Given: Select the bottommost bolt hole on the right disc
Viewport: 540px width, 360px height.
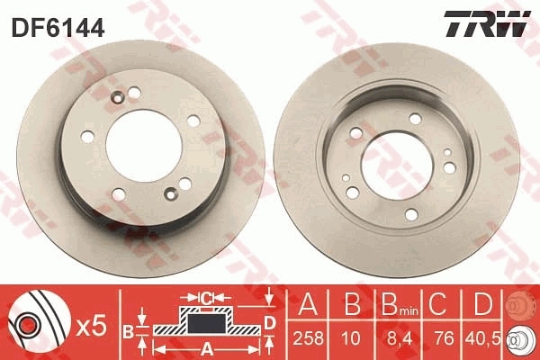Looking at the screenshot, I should (x=411, y=214).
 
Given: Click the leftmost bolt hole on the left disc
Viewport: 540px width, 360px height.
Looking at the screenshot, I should (x=86, y=138).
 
